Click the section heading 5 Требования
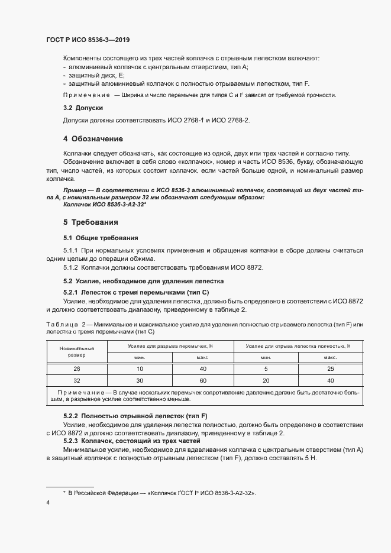point(91,222)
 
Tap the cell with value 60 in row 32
point(202,380)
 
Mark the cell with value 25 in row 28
point(330,368)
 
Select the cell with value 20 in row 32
point(266,380)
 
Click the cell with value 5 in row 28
point(266,368)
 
